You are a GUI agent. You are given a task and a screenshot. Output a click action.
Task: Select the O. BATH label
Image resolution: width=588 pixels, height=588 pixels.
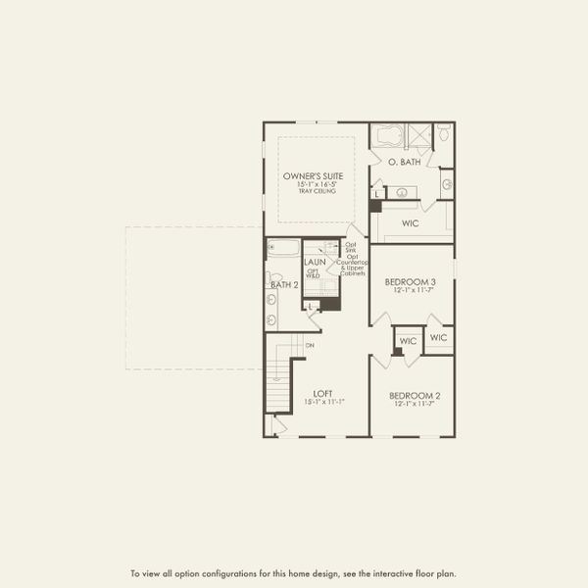tap(404, 162)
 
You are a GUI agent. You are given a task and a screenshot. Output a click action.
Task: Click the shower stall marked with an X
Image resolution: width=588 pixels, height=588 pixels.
tap(419, 135)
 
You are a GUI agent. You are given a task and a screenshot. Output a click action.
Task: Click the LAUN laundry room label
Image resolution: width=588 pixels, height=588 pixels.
tap(315, 263)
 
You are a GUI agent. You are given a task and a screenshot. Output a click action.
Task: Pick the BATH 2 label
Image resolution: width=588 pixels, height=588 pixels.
tap(283, 284)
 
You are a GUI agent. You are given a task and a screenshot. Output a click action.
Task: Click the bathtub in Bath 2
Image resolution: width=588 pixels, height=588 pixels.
tap(282, 248)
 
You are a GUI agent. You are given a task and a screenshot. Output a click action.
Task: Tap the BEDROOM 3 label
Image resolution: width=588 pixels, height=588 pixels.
tap(411, 281)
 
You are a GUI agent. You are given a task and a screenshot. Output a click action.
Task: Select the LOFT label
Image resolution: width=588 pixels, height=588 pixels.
tap(310, 391)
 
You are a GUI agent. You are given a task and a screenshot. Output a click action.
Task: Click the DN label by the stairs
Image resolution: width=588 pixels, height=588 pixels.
tap(310, 345)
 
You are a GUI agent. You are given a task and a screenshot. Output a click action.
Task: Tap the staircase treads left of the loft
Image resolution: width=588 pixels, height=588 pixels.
tap(280, 382)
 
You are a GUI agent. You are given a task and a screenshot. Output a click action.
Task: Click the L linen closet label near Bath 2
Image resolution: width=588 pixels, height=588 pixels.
tap(310, 307)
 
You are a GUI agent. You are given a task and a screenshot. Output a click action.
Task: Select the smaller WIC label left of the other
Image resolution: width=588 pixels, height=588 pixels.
tap(408, 340)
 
